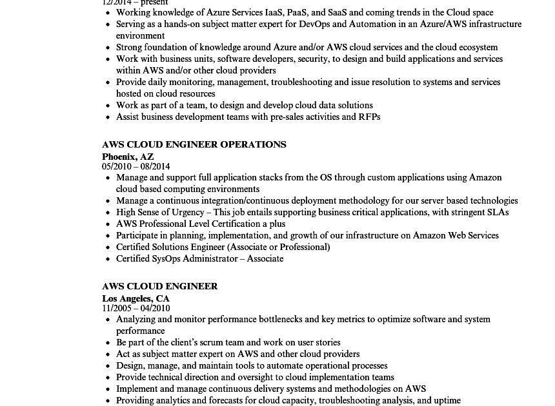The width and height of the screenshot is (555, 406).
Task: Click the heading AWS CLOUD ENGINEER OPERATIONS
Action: tap(194, 144)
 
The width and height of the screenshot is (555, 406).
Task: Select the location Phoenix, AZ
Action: tap(128, 157)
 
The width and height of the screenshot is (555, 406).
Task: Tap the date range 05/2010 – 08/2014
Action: tap(136, 166)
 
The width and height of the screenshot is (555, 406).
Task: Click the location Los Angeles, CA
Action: tap(136, 298)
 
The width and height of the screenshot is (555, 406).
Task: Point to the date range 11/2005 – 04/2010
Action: tap(136, 308)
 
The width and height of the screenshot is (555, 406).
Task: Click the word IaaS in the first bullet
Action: tap(274, 12)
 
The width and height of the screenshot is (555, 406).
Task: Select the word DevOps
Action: tap(314, 24)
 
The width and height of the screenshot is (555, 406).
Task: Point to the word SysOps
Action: tap(165, 258)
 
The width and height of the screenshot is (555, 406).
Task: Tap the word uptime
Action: tap(446, 400)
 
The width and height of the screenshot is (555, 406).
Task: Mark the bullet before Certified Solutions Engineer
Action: tap(108, 247)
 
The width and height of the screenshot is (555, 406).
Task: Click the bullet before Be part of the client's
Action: tap(108, 343)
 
